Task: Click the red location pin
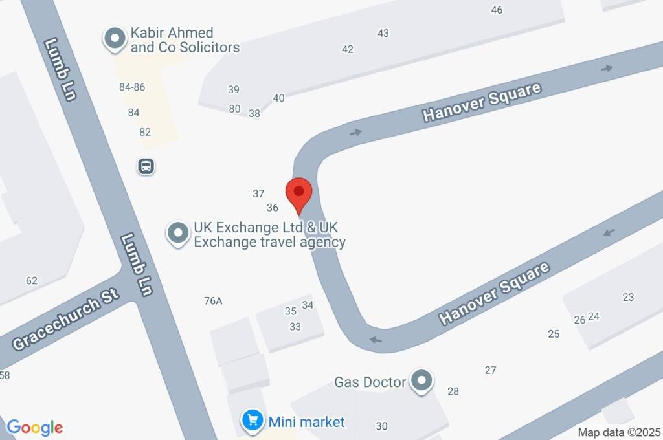point(299,193)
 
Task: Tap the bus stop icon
point(147,167)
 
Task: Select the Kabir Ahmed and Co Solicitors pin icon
point(115,39)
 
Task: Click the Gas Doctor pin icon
point(422,381)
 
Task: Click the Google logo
point(34,428)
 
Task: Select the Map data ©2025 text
point(619,432)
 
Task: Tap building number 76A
point(213,301)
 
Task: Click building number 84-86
point(132,87)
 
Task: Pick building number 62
point(32,281)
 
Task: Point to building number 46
point(497,10)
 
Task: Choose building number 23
point(628,297)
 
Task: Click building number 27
point(490,370)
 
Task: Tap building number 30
point(382,426)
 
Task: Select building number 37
point(258,193)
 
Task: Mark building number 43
point(383,34)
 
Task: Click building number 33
point(295,327)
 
